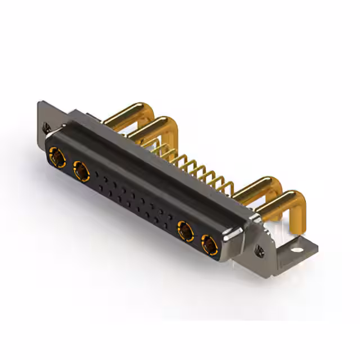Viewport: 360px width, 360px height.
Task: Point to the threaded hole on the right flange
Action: [259, 250]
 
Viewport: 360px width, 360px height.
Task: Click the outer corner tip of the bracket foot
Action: [317, 248]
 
